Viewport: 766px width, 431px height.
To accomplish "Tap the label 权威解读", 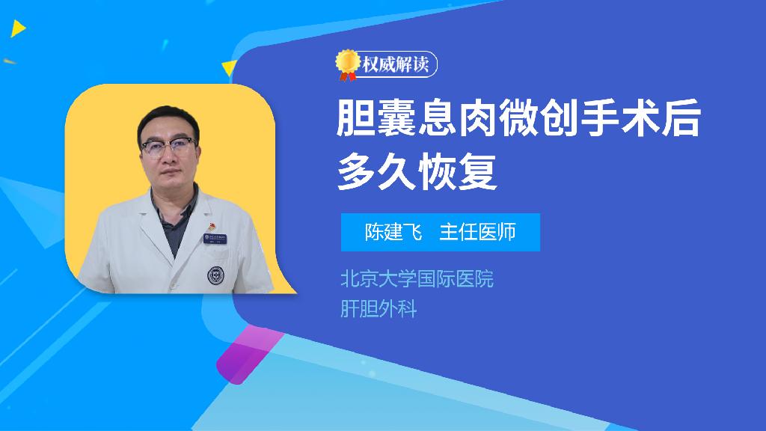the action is (x=396, y=64).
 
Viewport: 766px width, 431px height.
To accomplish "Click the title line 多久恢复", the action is (x=417, y=171).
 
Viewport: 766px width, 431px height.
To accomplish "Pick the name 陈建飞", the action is (x=393, y=232).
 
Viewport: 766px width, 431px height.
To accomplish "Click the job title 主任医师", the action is (x=478, y=232).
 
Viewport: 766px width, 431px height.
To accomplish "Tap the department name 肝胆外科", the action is (x=379, y=309).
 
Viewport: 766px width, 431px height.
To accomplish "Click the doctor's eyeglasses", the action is (x=168, y=147).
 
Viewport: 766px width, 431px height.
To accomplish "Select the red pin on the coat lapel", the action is (x=212, y=226).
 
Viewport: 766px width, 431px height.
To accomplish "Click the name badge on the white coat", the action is (x=215, y=239).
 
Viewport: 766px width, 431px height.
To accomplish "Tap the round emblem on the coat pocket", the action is (x=215, y=275).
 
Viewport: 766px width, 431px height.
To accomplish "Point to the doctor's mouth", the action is (x=169, y=174).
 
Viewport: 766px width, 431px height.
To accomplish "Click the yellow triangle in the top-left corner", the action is (x=18, y=28).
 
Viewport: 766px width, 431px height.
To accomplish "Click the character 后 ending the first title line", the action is (x=682, y=118).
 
